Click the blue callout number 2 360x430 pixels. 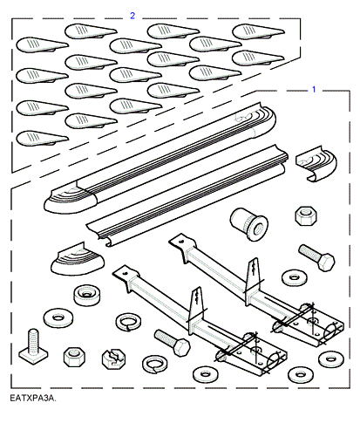(x=132, y=16)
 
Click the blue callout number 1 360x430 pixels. (x=314, y=89)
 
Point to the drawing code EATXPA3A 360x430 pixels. (x=33, y=398)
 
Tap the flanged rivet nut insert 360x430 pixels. (x=249, y=224)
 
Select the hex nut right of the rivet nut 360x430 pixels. (x=306, y=215)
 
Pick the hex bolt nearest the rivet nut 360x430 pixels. (x=317, y=257)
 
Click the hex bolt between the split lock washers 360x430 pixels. (x=173, y=342)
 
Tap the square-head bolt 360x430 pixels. (x=33, y=346)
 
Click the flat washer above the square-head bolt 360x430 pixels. (x=58, y=317)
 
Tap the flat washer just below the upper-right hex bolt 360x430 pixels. (x=295, y=277)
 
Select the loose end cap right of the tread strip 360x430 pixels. (x=316, y=164)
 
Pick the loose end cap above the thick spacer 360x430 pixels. (x=78, y=260)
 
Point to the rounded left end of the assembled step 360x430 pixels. (x=71, y=198)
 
